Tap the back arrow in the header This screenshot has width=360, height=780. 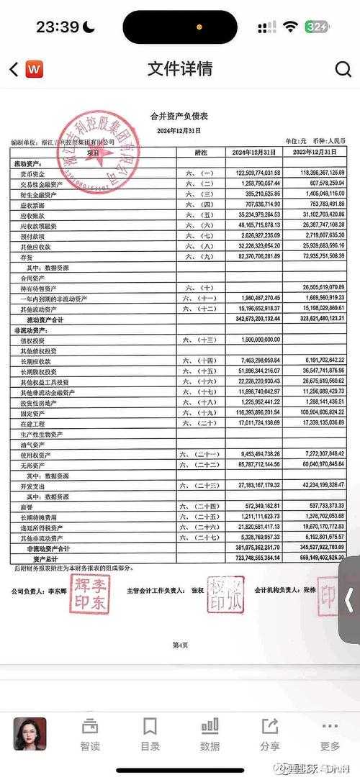tap(14, 69)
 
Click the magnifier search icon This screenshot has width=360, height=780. tap(343, 68)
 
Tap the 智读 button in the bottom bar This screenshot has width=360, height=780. tap(90, 734)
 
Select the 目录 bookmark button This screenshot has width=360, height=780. tap(150, 734)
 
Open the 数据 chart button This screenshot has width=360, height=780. tap(210, 734)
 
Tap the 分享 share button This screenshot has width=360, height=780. tap(270, 734)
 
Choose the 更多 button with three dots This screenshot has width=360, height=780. tap(330, 734)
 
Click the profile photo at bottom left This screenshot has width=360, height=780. tap(30, 734)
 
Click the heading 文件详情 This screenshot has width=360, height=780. tap(180, 68)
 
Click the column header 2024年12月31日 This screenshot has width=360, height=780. tap(254, 153)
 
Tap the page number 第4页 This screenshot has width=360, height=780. tap(180, 645)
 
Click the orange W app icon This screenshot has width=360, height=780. tap(34, 69)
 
